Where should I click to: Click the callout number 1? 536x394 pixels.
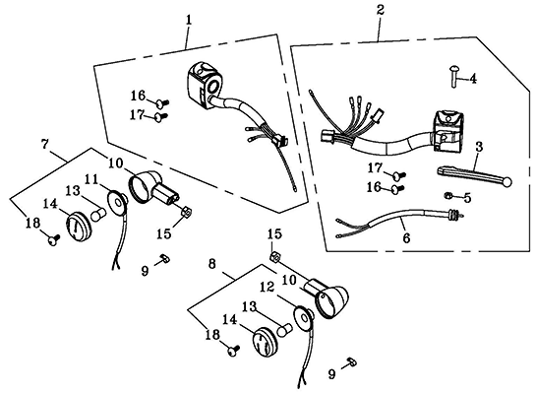tap(189, 21)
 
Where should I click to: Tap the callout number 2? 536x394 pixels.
tap(381, 10)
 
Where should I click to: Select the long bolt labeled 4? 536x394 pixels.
tap(453, 78)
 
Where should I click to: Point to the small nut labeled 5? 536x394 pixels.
tap(447, 196)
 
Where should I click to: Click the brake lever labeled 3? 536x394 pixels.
tap(475, 175)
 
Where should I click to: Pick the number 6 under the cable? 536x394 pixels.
tap(406, 237)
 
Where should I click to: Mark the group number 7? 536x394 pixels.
tap(45, 144)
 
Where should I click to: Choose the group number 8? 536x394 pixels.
tap(211, 264)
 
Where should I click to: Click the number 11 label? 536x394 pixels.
tap(91, 179)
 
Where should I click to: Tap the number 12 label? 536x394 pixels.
tap(267, 288)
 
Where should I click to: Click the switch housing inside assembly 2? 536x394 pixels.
tap(448, 131)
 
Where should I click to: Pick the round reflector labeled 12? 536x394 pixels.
tap(304, 319)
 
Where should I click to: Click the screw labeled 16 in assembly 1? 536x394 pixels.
tap(162, 102)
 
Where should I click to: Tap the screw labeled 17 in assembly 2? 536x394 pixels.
tap(398, 175)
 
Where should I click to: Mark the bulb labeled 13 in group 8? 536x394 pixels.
tap(283, 330)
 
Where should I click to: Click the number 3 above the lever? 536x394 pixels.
tap(479, 147)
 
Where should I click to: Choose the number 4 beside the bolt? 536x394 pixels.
tap(473, 79)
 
